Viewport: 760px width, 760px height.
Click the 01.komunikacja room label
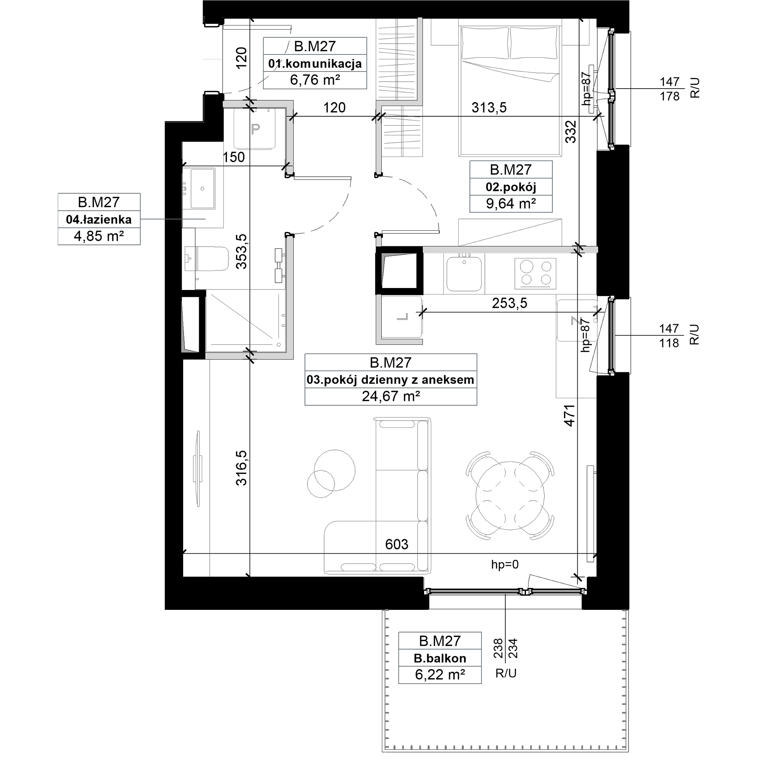(315, 63)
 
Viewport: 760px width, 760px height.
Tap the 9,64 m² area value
(511, 203)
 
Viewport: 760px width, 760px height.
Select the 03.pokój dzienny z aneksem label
(391, 380)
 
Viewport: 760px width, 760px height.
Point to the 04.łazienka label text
(99, 219)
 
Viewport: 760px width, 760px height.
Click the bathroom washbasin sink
(203, 188)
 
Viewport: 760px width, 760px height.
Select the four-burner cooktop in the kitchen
(535, 273)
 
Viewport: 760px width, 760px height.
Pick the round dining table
(510, 495)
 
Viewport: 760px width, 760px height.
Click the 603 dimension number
(396, 544)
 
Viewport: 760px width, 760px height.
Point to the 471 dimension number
(570, 415)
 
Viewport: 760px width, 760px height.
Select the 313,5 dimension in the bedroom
(489, 107)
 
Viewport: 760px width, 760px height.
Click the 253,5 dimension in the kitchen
(510, 303)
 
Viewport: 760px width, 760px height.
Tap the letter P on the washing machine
(256, 129)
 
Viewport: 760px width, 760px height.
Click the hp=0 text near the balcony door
(505, 565)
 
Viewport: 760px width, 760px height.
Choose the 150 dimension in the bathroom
(234, 157)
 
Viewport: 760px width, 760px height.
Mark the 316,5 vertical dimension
(242, 468)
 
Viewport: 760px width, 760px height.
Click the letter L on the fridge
(402, 317)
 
